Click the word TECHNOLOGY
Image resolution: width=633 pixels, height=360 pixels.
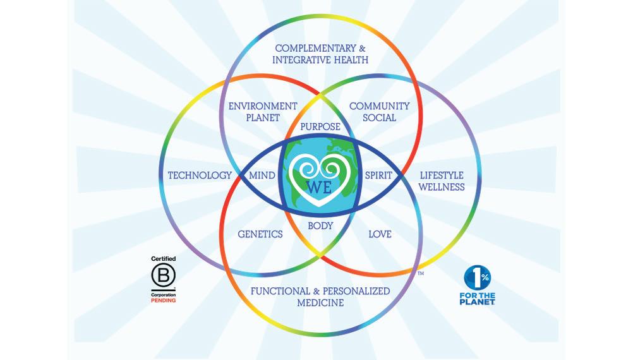(x=200, y=175)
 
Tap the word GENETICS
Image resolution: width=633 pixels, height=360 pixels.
(x=260, y=234)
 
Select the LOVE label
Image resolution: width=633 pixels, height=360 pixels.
(x=380, y=234)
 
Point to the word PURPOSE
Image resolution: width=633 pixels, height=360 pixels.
(x=320, y=127)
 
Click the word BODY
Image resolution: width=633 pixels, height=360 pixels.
(x=320, y=225)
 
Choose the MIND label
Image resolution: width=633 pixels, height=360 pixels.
(x=262, y=175)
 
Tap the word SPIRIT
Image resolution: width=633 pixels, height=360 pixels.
(x=378, y=175)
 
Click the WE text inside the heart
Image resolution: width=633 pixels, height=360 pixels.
(x=318, y=186)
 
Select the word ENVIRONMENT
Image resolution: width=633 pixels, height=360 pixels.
(x=263, y=105)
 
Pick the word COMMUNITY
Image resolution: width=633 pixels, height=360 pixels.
(x=379, y=105)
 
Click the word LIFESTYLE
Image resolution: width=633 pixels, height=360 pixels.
(x=442, y=175)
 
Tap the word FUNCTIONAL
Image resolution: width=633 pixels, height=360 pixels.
(x=280, y=291)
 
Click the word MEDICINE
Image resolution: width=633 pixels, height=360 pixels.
(x=320, y=303)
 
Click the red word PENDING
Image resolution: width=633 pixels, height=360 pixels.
(x=163, y=301)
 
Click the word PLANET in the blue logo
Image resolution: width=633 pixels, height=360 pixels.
(x=478, y=302)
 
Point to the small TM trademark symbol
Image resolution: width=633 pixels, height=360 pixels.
(x=421, y=273)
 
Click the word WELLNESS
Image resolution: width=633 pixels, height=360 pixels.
(x=442, y=187)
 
